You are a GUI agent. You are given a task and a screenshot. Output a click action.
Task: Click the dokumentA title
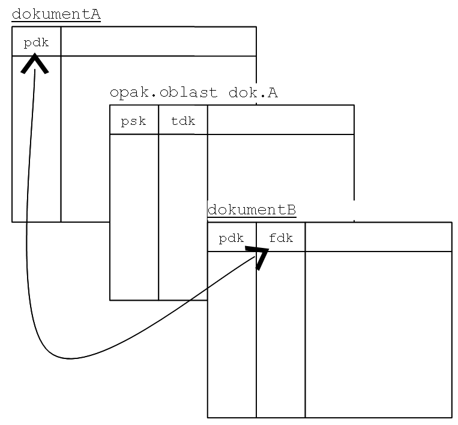[56, 14]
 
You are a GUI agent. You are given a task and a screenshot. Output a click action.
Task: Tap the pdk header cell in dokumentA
[36, 42]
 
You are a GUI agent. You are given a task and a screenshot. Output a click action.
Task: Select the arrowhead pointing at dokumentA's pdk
[35, 64]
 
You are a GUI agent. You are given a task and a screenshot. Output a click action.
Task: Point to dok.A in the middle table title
[253, 93]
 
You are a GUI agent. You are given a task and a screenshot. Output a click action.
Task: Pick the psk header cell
[133, 121]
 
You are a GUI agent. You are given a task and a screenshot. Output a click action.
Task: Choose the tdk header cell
[182, 121]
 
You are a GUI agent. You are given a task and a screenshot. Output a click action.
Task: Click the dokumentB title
[252, 210]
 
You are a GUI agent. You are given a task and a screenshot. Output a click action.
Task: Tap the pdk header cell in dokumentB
[231, 238]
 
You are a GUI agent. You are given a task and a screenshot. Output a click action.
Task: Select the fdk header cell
[280, 238]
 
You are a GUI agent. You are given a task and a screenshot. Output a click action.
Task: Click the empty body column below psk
[134, 216]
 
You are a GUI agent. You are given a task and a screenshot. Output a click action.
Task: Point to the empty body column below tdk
[182, 216]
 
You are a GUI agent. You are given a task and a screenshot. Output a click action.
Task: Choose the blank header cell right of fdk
[378, 238]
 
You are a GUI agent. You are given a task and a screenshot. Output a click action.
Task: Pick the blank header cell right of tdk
[280, 121]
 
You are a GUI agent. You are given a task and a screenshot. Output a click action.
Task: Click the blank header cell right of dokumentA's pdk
[158, 42]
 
